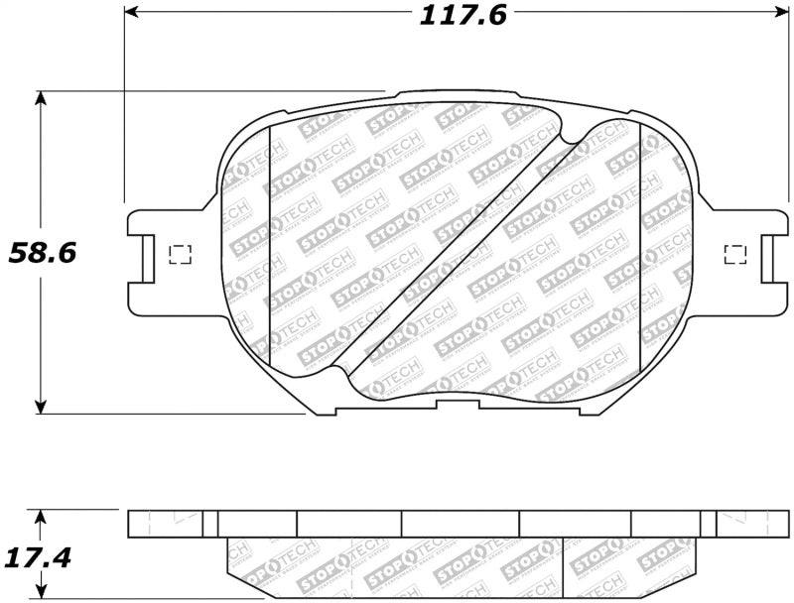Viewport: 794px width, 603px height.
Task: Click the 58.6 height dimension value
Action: tap(43, 253)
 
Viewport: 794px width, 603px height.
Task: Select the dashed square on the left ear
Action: tap(180, 254)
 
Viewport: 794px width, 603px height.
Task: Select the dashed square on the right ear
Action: tap(734, 254)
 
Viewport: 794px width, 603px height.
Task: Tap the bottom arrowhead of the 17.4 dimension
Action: tap(41, 595)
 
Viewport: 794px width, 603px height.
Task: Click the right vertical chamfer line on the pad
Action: tap(640, 248)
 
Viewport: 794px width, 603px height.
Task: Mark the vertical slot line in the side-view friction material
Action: tap(564, 570)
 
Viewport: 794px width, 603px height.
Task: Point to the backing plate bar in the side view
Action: tap(457, 524)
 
